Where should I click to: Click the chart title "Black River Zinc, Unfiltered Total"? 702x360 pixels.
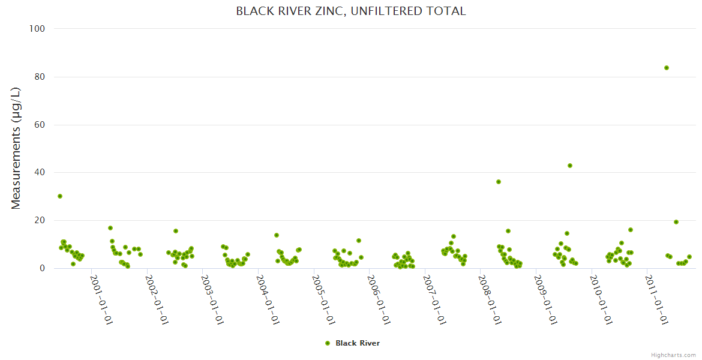[350, 11]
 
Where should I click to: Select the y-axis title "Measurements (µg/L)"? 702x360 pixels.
[16, 149]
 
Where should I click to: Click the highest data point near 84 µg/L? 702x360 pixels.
[667, 68]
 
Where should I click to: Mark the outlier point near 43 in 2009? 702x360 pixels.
[570, 166]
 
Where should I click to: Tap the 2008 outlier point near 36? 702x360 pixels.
[499, 182]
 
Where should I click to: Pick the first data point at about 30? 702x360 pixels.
[60, 196]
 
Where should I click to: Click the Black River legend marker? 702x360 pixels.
[328, 343]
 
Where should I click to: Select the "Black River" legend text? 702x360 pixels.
[358, 343]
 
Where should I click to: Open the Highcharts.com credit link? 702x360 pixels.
[673, 355]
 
